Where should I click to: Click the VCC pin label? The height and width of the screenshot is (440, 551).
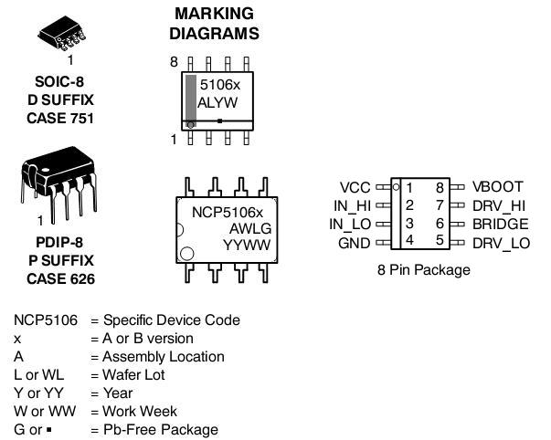pyautogui.click(x=355, y=187)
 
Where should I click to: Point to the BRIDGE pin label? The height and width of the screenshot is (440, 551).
pyautogui.click(x=500, y=224)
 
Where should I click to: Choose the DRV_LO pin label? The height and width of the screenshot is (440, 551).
pyautogui.click(x=501, y=243)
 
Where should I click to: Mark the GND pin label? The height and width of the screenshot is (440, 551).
pyautogui.click(x=355, y=243)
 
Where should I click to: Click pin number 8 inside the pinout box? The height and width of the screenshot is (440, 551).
pyautogui.click(x=439, y=187)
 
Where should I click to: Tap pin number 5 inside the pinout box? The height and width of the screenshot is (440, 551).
pyautogui.click(x=439, y=241)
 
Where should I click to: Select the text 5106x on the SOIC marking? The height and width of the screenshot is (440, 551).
pyautogui.click(x=219, y=84)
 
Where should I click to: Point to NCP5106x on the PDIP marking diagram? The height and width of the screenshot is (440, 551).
pyautogui.click(x=227, y=211)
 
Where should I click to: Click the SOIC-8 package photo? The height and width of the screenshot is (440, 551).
pyautogui.click(x=63, y=34)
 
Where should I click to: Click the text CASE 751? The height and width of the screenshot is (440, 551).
pyautogui.click(x=59, y=118)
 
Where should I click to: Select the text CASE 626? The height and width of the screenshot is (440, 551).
pyautogui.click(x=59, y=278)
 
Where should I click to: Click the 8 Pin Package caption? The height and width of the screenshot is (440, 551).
pyautogui.click(x=423, y=270)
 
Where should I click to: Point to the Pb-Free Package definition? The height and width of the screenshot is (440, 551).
pyautogui.click(x=161, y=429)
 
